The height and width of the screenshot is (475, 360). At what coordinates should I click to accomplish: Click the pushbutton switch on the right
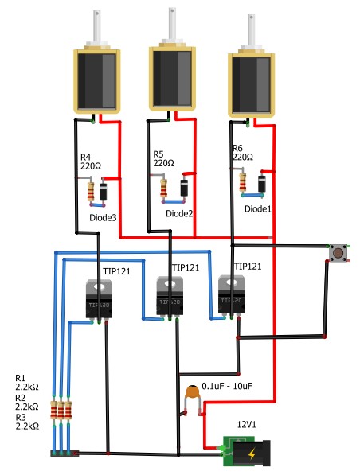coord(338,253)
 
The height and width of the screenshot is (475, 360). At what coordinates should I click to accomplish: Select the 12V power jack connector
coord(247,451)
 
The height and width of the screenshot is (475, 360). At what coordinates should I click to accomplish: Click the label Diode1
coord(258,208)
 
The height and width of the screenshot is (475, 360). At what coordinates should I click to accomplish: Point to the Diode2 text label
coord(179,213)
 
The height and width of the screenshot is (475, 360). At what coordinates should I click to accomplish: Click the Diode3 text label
coord(103,217)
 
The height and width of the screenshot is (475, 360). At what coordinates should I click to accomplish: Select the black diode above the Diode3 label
coord(104,192)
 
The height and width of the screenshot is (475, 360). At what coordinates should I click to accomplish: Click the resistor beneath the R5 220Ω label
coord(163,188)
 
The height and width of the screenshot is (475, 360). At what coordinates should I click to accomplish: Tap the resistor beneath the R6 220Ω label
coord(243,182)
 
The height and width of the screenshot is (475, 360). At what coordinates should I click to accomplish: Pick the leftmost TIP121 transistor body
coord(100,299)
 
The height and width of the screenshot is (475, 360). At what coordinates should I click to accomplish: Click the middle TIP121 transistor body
coord(170,296)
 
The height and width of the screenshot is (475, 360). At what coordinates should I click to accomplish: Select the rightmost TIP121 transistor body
coord(232,294)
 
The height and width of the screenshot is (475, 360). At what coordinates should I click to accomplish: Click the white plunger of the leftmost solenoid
coord(96,26)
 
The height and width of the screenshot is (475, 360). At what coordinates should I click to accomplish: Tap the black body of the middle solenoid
coord(172,79)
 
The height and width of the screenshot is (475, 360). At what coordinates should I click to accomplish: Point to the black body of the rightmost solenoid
coord(251,84)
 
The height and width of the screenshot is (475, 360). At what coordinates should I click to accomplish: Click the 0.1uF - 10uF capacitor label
coord(227,386)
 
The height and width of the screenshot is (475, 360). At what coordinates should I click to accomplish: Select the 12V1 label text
coord(246,424)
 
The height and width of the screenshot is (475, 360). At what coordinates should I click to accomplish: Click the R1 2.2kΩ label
coord(27,382)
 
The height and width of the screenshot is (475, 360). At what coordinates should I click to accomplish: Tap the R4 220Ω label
coord(91,162)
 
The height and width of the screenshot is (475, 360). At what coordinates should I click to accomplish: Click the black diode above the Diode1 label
coord(262,184)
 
